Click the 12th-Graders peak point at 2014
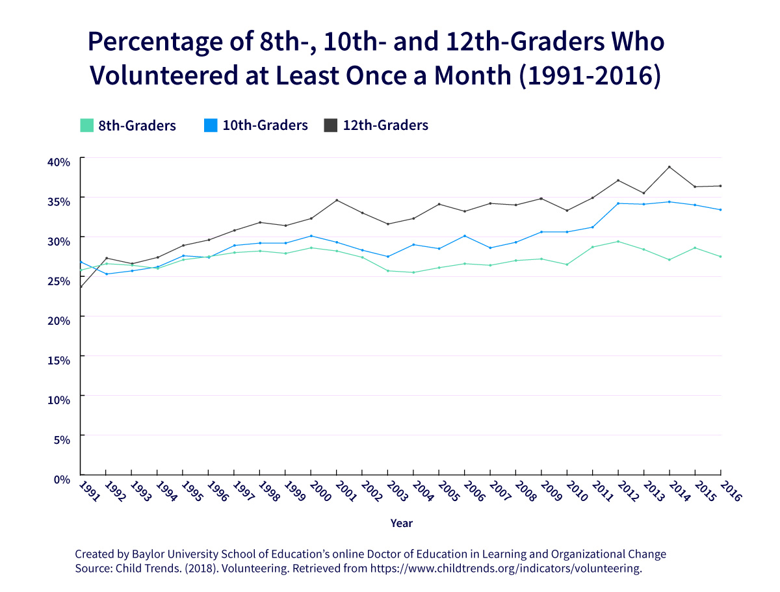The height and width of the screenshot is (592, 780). click(669, 167)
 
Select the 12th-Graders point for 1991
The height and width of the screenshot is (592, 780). click(81, 287)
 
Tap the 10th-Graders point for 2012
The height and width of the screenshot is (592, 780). click(618, 203)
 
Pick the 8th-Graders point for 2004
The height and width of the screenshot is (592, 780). click(413, 272)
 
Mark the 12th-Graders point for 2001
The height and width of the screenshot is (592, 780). click(337, 200)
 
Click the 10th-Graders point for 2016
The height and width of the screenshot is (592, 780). click(720, 210)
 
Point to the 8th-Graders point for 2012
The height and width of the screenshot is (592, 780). click(618, 242)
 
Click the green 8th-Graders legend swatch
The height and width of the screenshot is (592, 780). click(86, 125)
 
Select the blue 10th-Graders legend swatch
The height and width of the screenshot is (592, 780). click(210, 125)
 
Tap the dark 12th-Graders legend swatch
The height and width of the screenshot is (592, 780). click(330, 125)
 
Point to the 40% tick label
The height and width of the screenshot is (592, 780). click(59, 162)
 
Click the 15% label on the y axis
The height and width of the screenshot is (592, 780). click(59, 360)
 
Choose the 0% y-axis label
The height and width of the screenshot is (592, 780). click(62, 479)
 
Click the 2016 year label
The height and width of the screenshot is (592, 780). click(729, 491)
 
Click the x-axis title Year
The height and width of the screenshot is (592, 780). click(401, 523)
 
